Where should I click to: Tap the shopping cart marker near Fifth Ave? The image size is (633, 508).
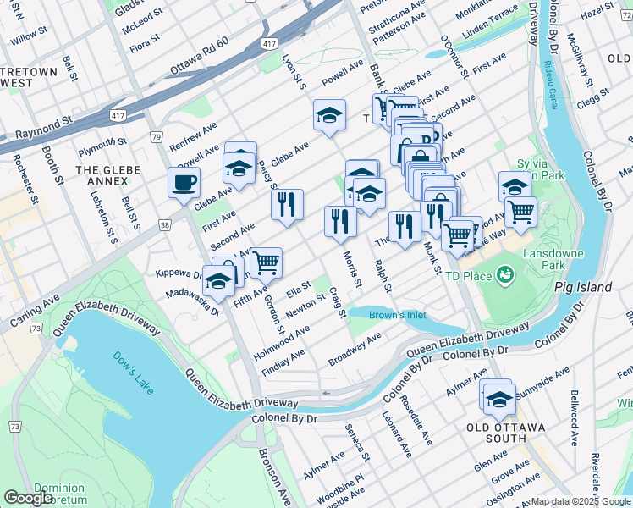(266, 262)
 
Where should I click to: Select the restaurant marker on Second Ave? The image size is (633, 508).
(287, 204)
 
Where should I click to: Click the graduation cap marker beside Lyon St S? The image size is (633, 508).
(329, 115)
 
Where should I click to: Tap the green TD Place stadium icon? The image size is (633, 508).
(505, 274)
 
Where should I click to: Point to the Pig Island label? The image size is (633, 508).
(582, 287)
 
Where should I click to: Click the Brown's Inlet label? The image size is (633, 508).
(397, 316)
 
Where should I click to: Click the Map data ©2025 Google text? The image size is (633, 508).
(581, 501)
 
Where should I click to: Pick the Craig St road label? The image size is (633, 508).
(338, 302)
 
